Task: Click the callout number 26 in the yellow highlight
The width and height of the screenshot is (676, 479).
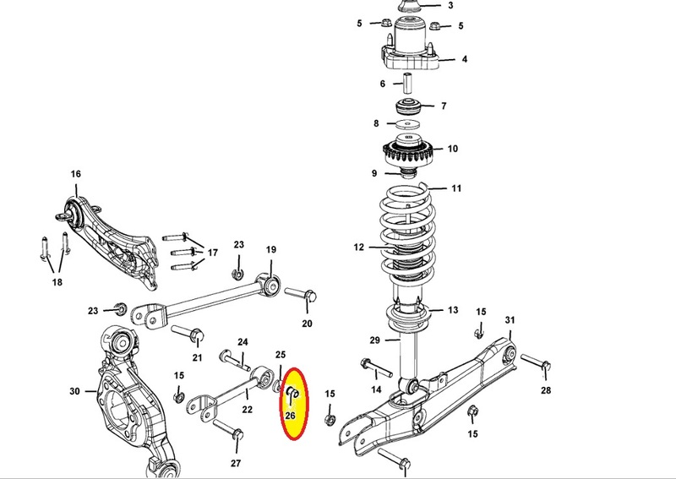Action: (x=290, y=416)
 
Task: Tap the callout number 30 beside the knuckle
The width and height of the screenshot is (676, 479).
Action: (x=74, y=391)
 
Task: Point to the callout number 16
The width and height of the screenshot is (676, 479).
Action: (x=75, y=174)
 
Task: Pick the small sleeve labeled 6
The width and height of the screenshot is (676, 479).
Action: (x=407, y=83)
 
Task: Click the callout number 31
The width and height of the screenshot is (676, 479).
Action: (x=510, y=320)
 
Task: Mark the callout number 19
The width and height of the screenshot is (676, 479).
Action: (x=270, y=249)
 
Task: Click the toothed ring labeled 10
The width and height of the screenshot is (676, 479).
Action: (x=408, y=151)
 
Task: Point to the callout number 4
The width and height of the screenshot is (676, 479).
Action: (x=464, y=59)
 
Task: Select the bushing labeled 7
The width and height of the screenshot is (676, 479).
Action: (x=408, y=106)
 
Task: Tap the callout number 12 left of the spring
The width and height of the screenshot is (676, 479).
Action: (x=358, y=247)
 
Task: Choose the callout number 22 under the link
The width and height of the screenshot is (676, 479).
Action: (x=247, y=409)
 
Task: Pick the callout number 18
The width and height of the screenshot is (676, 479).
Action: (x=57, y=282)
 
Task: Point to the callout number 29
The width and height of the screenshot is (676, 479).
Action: (x=375, y=340)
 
